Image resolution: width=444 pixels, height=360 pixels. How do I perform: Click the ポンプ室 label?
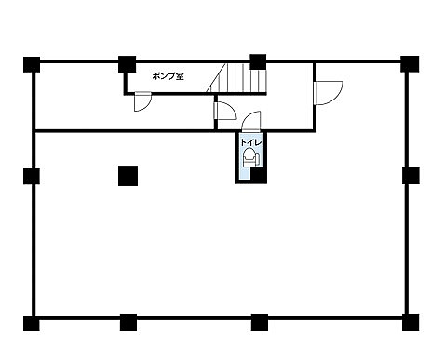point(168,76)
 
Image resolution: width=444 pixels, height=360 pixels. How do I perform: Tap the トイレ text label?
point(251,142)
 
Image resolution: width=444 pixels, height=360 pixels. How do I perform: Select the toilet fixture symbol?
point(250,157)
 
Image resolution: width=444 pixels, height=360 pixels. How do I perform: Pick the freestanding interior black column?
point(128,176)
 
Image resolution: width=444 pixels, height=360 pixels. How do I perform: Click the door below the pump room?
point(142,101)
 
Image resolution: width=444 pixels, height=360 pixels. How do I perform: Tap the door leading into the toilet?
point(251,121)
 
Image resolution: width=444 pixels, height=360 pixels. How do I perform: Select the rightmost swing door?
point(328,93)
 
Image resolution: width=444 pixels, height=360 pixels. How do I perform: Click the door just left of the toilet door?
point(225,111)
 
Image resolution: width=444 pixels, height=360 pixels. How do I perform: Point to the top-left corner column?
point(32,64)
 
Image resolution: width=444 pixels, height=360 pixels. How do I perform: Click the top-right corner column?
point(410,64)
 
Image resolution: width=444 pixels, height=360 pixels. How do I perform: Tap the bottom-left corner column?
point(32,323)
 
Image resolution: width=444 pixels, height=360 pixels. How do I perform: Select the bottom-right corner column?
point(410,323)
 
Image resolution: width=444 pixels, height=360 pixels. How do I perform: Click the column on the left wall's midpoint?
point(32,176)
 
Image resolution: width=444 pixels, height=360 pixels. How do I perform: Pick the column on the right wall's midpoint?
point(410,176)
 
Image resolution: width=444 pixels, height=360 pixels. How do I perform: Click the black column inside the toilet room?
point(259,176)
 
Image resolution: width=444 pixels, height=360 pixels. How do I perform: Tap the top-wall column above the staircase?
point(258,61)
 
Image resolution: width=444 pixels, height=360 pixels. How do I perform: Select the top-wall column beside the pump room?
point(128,64)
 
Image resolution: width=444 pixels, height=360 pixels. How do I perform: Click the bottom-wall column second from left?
point(128,323)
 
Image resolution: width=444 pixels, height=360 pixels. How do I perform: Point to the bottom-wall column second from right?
point(260,323)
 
